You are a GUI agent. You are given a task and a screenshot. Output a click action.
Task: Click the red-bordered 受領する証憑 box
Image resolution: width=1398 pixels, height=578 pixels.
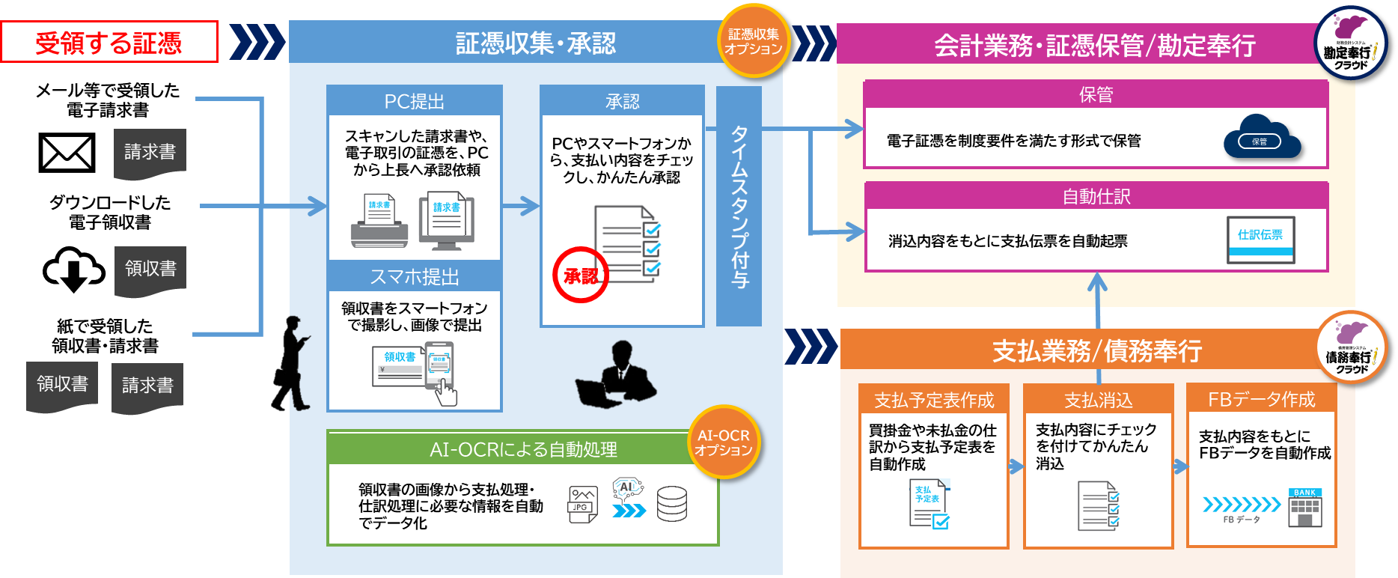[109, 42]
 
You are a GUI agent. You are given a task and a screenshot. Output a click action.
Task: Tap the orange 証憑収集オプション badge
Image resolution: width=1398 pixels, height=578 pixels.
[754, 41]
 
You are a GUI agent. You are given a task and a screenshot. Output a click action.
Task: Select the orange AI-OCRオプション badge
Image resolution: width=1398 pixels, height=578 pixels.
[723, 442]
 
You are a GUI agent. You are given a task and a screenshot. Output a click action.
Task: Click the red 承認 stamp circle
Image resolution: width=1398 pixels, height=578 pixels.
[581, 276]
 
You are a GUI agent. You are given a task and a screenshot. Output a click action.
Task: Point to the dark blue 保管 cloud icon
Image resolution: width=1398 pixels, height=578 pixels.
[1262, 137]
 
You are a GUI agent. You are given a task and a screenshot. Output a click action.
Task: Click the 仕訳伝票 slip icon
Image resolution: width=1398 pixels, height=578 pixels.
[1260, 240]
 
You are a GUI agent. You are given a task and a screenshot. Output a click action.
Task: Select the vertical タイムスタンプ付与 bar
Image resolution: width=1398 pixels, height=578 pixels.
[739, 206]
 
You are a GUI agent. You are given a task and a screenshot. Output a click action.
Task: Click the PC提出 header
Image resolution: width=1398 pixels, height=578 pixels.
[414, 101]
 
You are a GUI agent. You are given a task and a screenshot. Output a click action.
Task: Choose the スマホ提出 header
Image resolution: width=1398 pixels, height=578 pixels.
[414, 277]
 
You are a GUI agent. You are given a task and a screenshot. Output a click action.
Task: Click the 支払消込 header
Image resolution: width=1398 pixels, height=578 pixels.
[1098, 400]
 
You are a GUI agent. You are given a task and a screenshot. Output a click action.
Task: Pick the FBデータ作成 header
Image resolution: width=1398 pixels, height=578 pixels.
[1261, 399]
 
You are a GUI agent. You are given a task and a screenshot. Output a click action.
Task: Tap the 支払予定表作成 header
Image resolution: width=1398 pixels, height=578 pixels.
[934, 400]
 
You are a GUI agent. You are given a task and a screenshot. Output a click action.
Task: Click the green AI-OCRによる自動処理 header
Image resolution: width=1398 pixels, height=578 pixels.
[522, 449]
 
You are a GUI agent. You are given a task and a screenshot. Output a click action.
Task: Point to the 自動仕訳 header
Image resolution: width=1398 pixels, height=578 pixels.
[1096, 196]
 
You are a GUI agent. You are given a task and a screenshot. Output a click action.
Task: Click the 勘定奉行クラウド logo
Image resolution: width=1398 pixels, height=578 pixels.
[1350, 43]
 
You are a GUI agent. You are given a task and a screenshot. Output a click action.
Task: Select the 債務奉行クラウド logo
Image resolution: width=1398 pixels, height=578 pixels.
[1352, 347]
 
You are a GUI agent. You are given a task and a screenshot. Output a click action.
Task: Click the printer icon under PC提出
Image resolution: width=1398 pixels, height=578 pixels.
[379, 223]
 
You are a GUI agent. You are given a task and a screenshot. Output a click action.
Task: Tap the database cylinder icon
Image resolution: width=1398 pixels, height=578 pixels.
[671, 504]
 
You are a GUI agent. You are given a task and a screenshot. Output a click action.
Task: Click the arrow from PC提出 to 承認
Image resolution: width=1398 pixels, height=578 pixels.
[520, 205]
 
